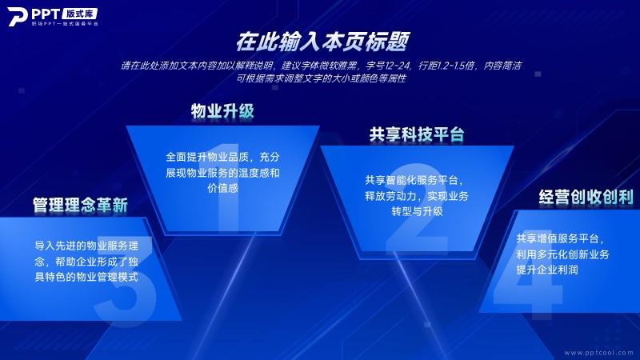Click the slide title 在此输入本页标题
click(322, 42)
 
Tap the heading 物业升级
click(222, 111)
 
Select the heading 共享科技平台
click(417, 134)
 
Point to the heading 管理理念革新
click(81, 205)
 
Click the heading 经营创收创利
click(586, 197)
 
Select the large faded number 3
click(125, 282)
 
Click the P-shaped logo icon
click(17, 17)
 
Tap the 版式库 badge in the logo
click(80, 14)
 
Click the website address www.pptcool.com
click(598, 352)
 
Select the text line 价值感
click(223, 188)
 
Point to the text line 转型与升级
click(417, 211)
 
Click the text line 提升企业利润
click(547, 270)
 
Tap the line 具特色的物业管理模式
click(86, 277)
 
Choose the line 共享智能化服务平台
click(414, 181)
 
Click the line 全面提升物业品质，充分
click(223, 157)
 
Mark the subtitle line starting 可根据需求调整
click(322, 78)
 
